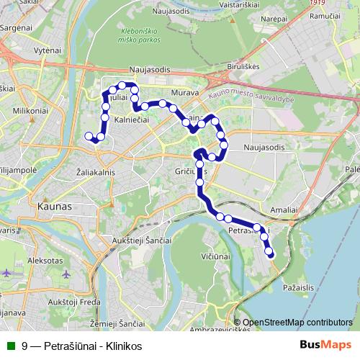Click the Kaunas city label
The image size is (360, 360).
point(51,206)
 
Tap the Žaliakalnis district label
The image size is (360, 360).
point(96,173)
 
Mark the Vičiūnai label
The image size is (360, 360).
point(216,255)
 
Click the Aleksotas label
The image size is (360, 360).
point(45,260)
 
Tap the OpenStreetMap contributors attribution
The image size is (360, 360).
point(297,323)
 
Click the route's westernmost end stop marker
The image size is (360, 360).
point(89,136)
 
